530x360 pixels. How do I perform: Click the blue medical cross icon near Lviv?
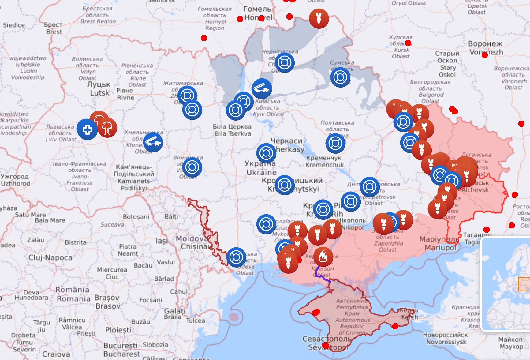87,130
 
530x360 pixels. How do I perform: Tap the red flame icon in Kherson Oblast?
323,257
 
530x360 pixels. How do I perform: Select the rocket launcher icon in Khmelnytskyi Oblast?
153,142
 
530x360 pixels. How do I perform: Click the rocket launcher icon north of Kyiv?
262,88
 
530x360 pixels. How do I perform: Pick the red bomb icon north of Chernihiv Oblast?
319,19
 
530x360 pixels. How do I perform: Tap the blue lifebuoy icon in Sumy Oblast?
340,77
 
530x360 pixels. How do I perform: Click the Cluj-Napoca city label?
50,257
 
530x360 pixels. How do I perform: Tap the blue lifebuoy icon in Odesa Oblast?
236,257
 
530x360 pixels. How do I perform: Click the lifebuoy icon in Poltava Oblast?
335,143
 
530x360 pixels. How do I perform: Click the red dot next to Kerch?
395,326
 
